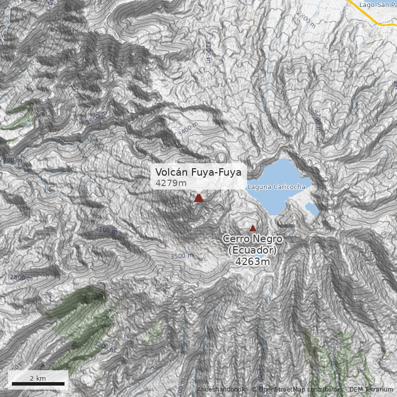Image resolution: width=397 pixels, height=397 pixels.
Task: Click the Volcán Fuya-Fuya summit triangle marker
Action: [198, 198]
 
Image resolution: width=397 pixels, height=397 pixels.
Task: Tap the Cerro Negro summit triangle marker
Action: [253, 228]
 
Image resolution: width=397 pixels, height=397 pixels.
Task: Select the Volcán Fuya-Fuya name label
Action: [198, 172]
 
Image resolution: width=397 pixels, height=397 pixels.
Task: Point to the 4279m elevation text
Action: [171, 183]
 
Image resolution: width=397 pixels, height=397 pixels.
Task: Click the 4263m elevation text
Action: [252, 262]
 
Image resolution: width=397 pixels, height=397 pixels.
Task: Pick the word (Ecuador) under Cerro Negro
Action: [252, 250]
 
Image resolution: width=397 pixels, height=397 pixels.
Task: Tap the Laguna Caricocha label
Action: [276, 187]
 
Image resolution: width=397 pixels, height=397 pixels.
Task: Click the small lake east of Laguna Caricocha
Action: [312, 208]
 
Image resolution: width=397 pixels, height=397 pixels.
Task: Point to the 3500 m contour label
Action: [182, 256]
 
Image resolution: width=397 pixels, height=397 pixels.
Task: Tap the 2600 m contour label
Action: [21, 277]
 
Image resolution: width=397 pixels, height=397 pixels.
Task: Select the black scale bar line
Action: [38, 384]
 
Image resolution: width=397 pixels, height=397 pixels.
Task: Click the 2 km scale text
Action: [38, 378]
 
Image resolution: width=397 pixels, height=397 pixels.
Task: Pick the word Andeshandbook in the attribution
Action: [221, 390]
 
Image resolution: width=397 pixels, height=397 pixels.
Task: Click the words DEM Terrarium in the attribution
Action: [371, 390]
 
